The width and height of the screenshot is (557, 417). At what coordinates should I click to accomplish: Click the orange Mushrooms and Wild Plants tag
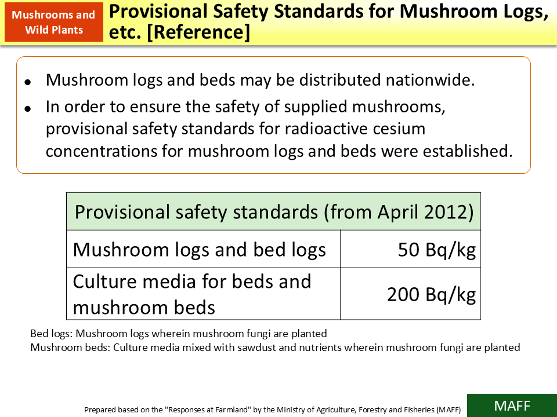tap(54, 23)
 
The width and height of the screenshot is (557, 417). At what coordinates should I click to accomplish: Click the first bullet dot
tap(28, 82)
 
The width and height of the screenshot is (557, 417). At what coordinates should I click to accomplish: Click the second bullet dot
tap(28, 109)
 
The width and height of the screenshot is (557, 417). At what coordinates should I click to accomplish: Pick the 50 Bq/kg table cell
tap(436, 250)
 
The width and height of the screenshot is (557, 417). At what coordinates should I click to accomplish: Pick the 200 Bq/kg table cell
tap(431, 295)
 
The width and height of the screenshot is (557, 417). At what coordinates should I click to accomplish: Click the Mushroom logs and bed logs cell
tap(200, 250)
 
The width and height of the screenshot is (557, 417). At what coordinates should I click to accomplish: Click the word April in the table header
tap(397, 212)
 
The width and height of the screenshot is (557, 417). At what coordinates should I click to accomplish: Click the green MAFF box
tap(512, 405)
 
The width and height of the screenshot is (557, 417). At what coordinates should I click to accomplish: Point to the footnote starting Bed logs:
tap(179, 334)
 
